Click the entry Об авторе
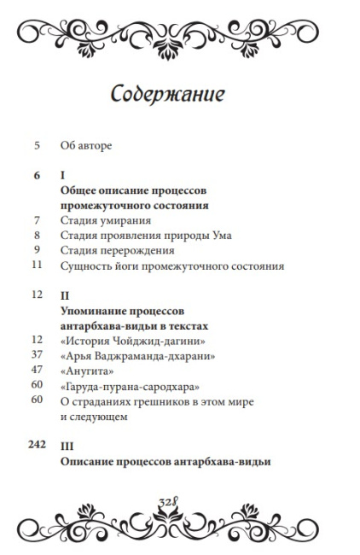(86, 145)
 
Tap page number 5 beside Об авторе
(38, 145)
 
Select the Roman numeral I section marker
(63, 175)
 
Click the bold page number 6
(37, 175)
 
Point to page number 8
(37, 236)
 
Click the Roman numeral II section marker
(65, 296)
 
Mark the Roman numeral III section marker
(67, 447)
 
